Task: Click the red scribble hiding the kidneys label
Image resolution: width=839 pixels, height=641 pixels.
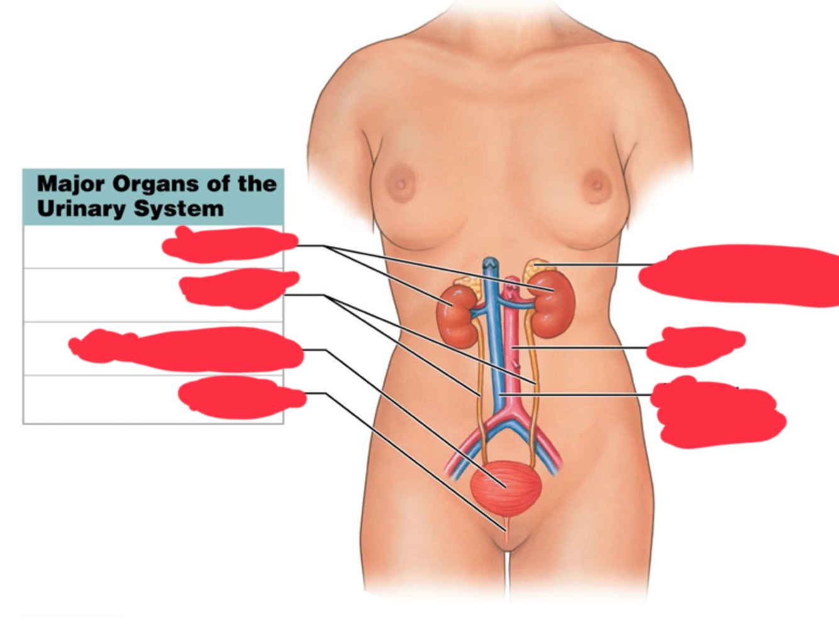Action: pos(230,244)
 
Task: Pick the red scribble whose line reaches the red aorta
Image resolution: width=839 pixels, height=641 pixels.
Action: pos(695,346)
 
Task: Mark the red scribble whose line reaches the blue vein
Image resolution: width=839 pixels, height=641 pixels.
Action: pos(717,412)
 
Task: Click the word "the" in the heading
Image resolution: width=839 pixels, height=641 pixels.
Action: pos(257,184)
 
